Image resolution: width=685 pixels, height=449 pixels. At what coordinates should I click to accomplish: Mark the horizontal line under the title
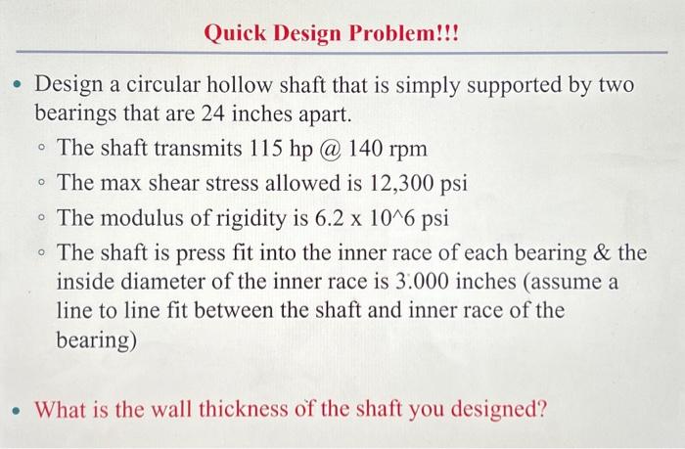(x=342, y=53)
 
